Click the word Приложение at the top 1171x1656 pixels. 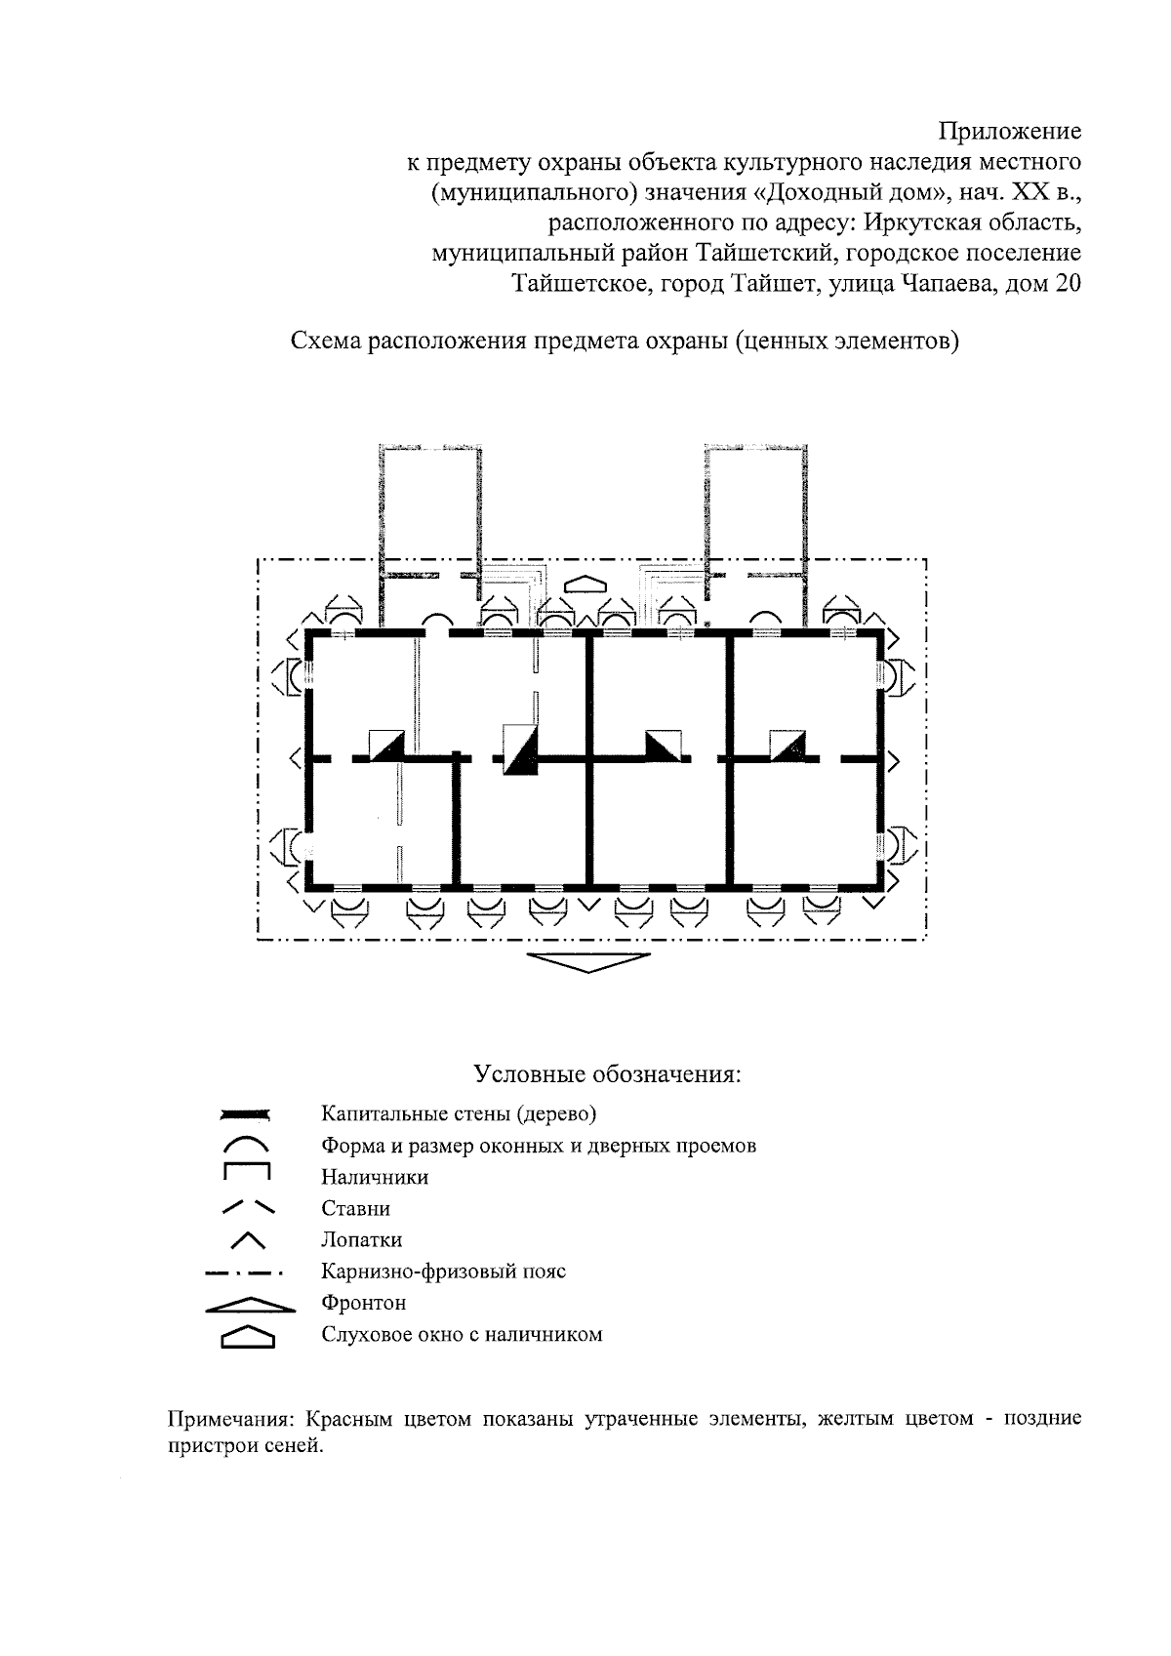[1009, 130]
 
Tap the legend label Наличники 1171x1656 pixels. [375, 1177]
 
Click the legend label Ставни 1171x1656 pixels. [356, 1208]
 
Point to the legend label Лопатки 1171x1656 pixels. [362, 1239]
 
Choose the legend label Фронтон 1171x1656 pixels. [364, 1303]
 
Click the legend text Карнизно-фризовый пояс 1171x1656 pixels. [444, 1272]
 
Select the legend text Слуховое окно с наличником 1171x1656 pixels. [462, 1334]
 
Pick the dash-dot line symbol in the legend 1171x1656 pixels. [244, 1272]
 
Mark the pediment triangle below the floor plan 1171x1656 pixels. [588, 960]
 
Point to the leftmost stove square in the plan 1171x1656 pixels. [385, 746]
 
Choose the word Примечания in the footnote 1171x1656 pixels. [229, 1418]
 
